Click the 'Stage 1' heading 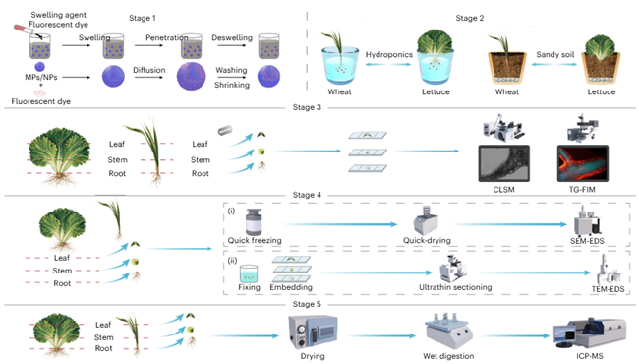pos(143,18)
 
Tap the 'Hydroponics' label pos(388,55)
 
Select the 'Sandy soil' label pos(555,55)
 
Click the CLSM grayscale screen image pos(503,163)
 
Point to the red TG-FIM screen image pos(582,163)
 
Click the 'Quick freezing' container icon pos(254,221)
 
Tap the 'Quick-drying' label pos(427,240)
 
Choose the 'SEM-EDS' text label pos(587,241)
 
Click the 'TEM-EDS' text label pos(608,289)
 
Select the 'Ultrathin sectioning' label pos(455,287)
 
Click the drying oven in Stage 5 pos(313,332)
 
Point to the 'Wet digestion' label pos(448,356)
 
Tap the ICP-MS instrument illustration pos(589,334)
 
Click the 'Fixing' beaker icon pos(249,273)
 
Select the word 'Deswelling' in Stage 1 pos(232,38)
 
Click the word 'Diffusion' pos(149,70)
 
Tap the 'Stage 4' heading pos(307,195)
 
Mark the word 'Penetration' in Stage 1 pos(167,38)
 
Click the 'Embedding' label pos(291,287)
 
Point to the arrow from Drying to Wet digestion pos(381,335)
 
